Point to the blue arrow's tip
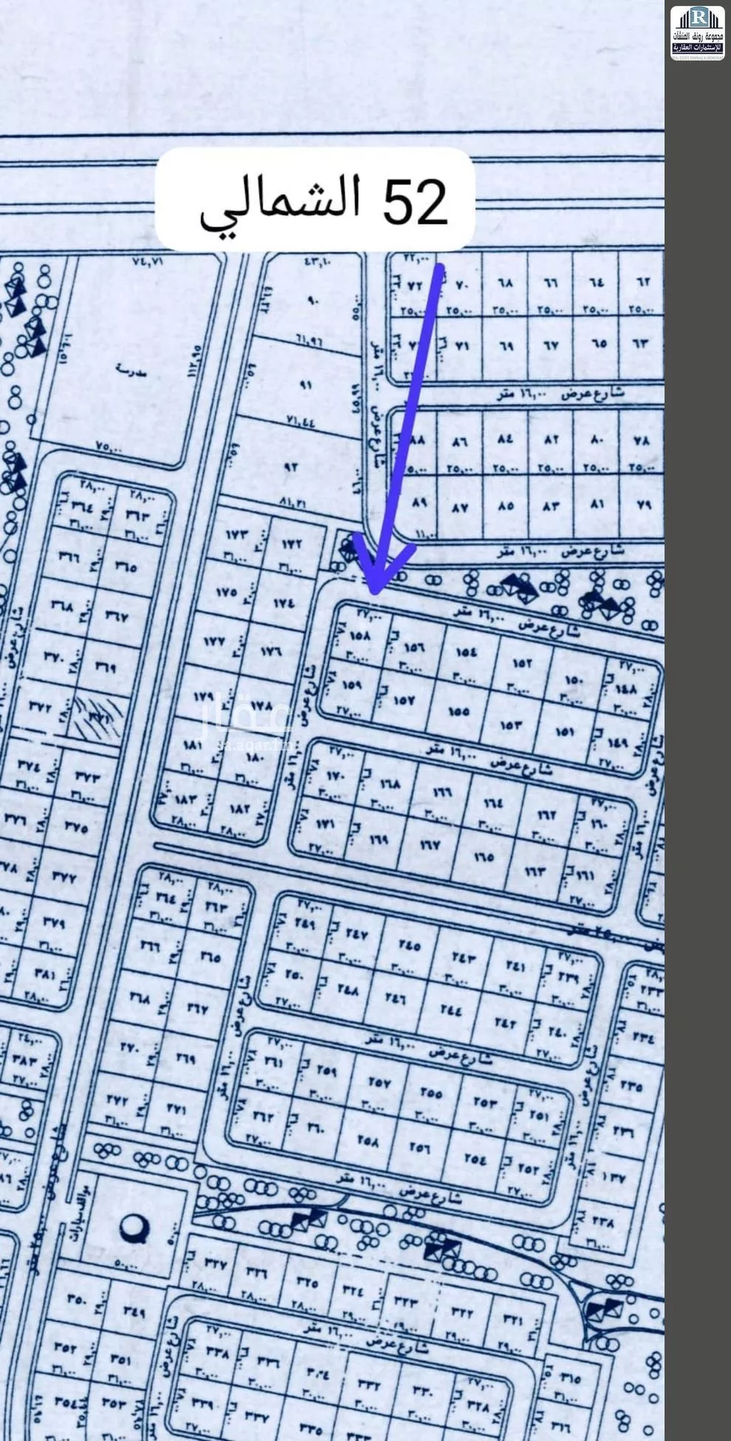tap(375, 592)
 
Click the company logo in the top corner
tap(697, 33)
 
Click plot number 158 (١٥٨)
tap(358, 635)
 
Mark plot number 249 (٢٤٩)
tap(306, 924)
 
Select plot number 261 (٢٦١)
tap(274, 1064)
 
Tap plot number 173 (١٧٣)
tap(238, 534)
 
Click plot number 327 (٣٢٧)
tap(214, 1264)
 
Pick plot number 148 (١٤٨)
tap(625, 688)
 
